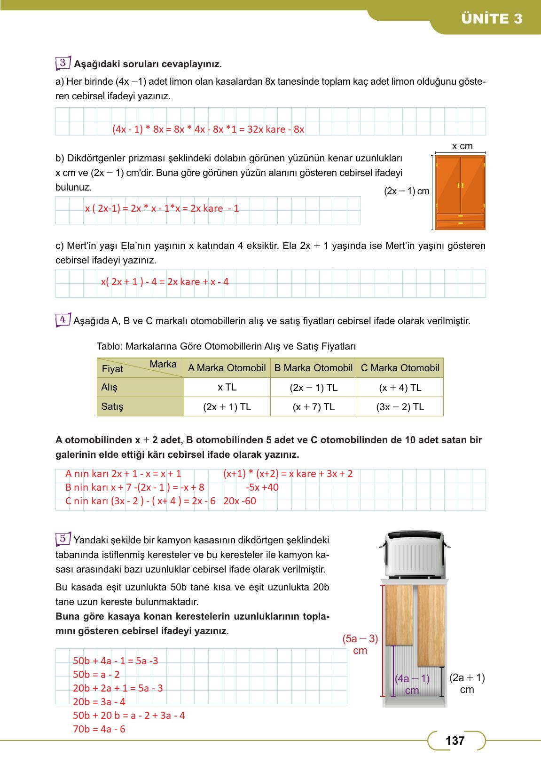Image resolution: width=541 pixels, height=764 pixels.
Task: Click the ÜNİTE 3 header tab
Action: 491,19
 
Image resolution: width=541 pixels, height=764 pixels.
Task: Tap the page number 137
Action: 455,741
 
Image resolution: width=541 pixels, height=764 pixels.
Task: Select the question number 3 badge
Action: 63,63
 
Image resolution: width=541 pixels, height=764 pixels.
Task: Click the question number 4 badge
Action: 63,320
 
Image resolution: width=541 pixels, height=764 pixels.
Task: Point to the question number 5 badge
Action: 63,539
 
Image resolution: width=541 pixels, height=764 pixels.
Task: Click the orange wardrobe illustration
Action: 460,192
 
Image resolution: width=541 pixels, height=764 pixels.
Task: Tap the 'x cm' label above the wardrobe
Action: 462,146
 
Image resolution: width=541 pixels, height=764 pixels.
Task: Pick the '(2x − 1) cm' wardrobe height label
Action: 407,191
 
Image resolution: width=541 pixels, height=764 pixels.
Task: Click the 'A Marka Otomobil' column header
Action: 227,368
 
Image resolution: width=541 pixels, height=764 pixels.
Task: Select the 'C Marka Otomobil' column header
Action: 400,368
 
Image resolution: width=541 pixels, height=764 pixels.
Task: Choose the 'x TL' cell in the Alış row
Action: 227,388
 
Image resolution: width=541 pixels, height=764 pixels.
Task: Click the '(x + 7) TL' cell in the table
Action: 314,407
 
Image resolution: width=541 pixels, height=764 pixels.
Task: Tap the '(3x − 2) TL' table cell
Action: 400,407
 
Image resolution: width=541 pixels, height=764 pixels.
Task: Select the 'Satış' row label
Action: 112,406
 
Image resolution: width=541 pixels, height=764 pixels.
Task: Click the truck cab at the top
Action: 414,554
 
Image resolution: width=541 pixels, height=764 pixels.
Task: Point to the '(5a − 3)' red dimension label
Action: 360,639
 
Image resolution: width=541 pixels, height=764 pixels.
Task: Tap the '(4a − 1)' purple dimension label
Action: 412,678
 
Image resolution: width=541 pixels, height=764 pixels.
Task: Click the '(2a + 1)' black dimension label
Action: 467,678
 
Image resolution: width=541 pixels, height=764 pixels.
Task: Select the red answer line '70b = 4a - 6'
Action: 99,729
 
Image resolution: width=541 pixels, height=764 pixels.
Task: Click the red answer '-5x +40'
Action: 262,487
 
